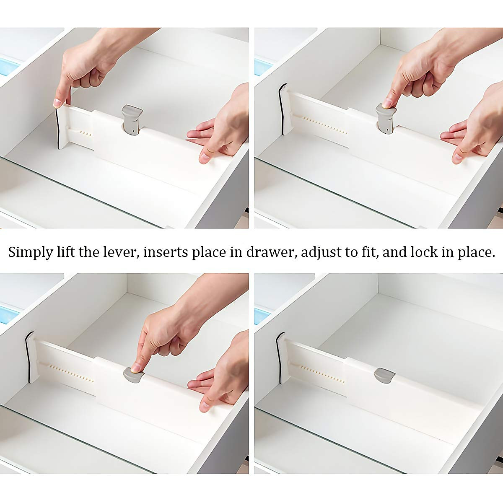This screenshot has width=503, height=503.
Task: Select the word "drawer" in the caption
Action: point(270,252)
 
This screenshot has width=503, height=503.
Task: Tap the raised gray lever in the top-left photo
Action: point(132,120)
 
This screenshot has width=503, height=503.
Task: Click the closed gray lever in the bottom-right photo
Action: point(384,374)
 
